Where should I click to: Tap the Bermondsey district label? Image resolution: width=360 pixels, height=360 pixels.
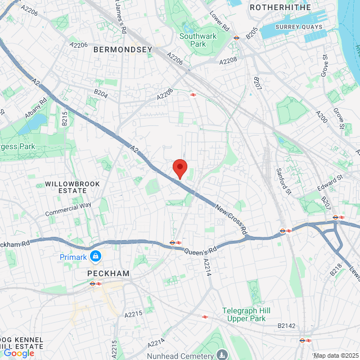123,49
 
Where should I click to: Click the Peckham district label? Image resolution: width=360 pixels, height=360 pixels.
108,273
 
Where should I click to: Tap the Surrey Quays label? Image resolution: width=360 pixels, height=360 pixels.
298,26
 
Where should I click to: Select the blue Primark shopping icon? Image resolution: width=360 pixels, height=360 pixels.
96,256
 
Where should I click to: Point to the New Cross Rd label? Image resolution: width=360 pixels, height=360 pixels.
232,219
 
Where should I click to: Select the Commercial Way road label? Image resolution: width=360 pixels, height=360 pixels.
68,209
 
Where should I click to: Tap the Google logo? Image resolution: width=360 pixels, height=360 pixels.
19,353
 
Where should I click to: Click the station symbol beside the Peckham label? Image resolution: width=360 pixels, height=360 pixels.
94,283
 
